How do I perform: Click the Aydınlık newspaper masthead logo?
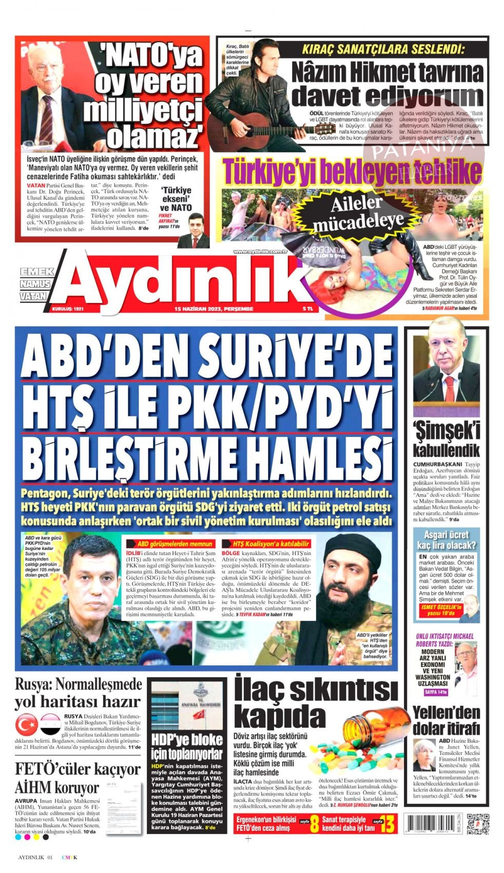(x=185, y=280)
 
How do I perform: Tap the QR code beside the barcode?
(x=477, y=823)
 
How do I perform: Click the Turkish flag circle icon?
(x=26, y=725)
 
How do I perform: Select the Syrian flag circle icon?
(x=51, y=725)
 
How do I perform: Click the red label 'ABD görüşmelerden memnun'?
(x=175, y=543)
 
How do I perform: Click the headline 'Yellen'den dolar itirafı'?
(x=446, y=720)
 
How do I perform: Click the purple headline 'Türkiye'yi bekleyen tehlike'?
(x=352, y=172)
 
